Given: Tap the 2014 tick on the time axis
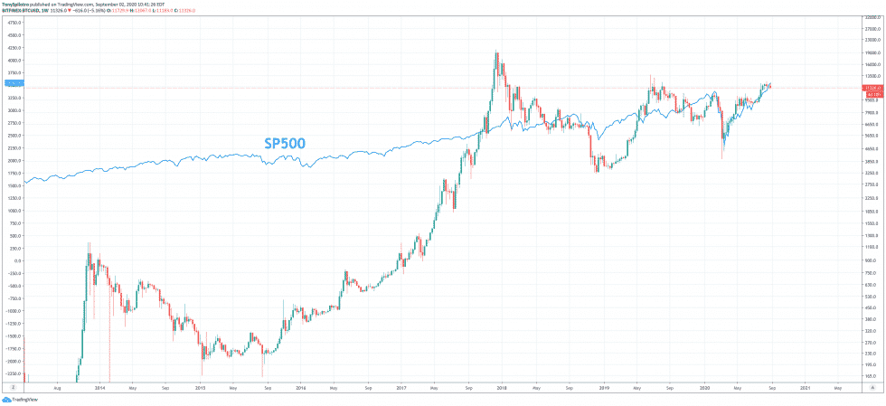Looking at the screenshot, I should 100,387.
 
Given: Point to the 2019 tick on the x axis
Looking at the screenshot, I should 602,387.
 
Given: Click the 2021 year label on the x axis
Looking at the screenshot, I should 805,387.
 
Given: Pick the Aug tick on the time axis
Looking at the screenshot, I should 59,387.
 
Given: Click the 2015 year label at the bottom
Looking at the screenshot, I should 201,387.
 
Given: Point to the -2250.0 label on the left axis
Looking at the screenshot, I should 14,370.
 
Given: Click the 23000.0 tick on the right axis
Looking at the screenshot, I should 872,40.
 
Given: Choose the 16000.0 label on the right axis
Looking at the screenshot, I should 872,65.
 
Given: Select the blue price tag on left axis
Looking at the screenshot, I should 13,82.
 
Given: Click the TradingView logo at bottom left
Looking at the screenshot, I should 19,399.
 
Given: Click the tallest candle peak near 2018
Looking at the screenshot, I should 495,52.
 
